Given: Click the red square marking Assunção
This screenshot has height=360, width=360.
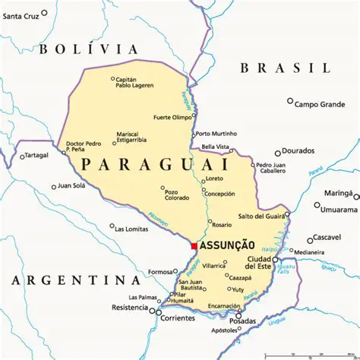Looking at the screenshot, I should click(194, 246).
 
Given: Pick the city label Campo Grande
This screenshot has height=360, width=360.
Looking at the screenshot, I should click(320, 104).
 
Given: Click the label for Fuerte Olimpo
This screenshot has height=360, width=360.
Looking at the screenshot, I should click(172, 118).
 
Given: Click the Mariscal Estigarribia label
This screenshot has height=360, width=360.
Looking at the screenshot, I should click(131, 137).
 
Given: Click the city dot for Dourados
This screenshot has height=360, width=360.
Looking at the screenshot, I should click(279, 151).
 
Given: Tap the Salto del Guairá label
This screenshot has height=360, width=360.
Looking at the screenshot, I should click(262, 216).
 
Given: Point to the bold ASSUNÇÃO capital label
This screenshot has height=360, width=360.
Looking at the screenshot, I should click(227, 246).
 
